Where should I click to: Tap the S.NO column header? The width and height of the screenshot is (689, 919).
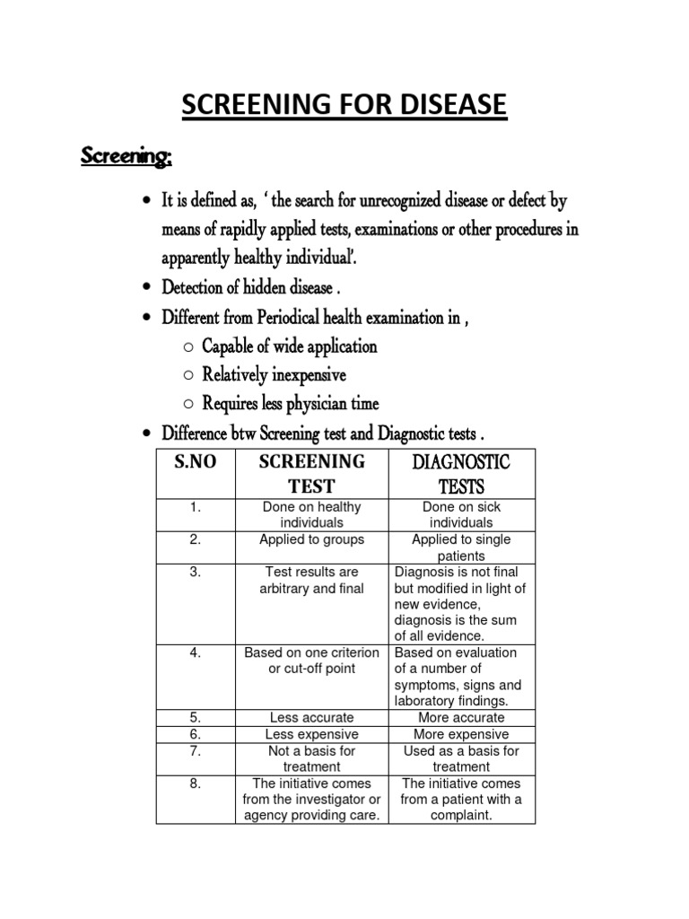coord(194,463)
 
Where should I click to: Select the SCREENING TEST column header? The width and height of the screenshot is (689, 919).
coord(311,474)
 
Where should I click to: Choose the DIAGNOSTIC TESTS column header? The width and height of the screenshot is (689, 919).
coord(461,474)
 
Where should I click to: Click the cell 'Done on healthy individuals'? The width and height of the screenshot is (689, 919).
coord(311,514)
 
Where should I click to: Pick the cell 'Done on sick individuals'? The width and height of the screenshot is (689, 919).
coord(461,514)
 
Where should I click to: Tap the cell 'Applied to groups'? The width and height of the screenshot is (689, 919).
coord(311,539)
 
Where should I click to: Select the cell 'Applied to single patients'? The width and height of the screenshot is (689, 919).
coord(461,547)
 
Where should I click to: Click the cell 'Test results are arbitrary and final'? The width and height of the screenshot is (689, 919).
coord(311,580)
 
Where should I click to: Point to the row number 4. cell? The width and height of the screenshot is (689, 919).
coord(194,652)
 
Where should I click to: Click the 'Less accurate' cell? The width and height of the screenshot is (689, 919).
coord(311,717)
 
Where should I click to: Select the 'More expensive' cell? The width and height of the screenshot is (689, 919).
coord(461,734)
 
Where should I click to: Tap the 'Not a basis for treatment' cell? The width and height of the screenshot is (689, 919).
coord(311,758)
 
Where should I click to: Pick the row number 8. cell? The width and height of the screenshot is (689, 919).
coord(194,783)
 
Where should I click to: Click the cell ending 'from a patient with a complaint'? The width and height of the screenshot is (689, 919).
coord(461,799)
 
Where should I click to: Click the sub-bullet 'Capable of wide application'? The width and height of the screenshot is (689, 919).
coord(289,346)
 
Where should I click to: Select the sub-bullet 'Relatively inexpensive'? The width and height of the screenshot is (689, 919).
coord(274,374)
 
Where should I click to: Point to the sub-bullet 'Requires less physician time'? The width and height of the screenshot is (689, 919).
coord(291,403)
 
